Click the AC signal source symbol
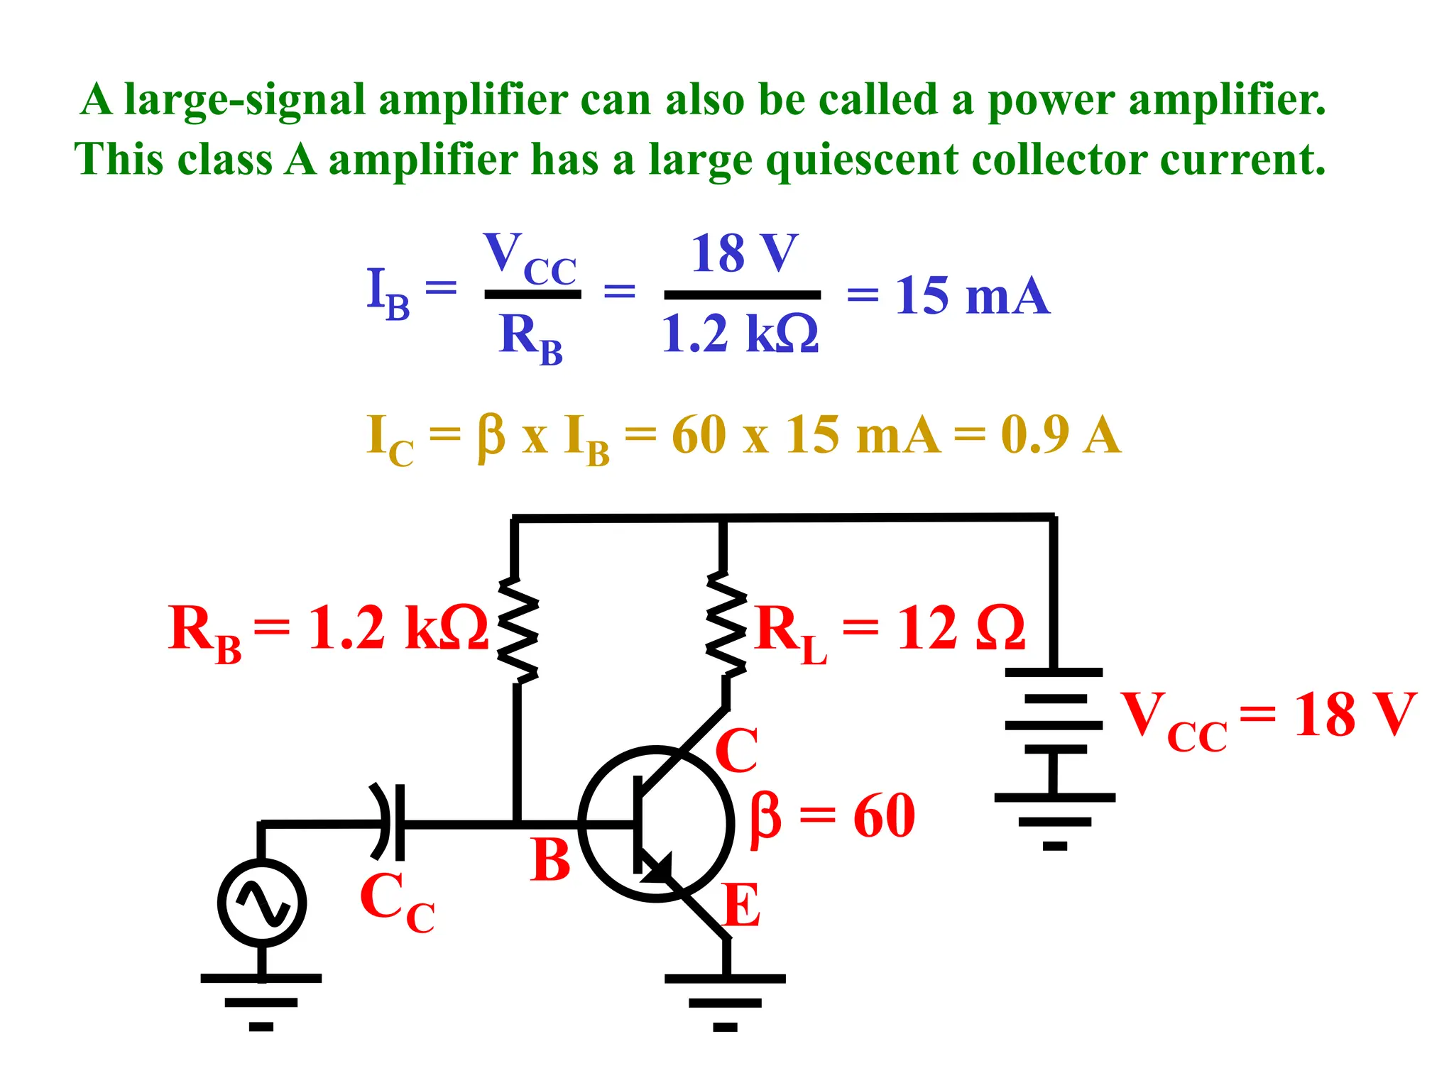click(x=262, y=903)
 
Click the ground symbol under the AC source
click(x=261, y=1001)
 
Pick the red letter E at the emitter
click(x=742, y=905)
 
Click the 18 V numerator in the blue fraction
click(x=744, y=253)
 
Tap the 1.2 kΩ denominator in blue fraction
click(x=740, y=334)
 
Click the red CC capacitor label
click(x=396, y=901)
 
